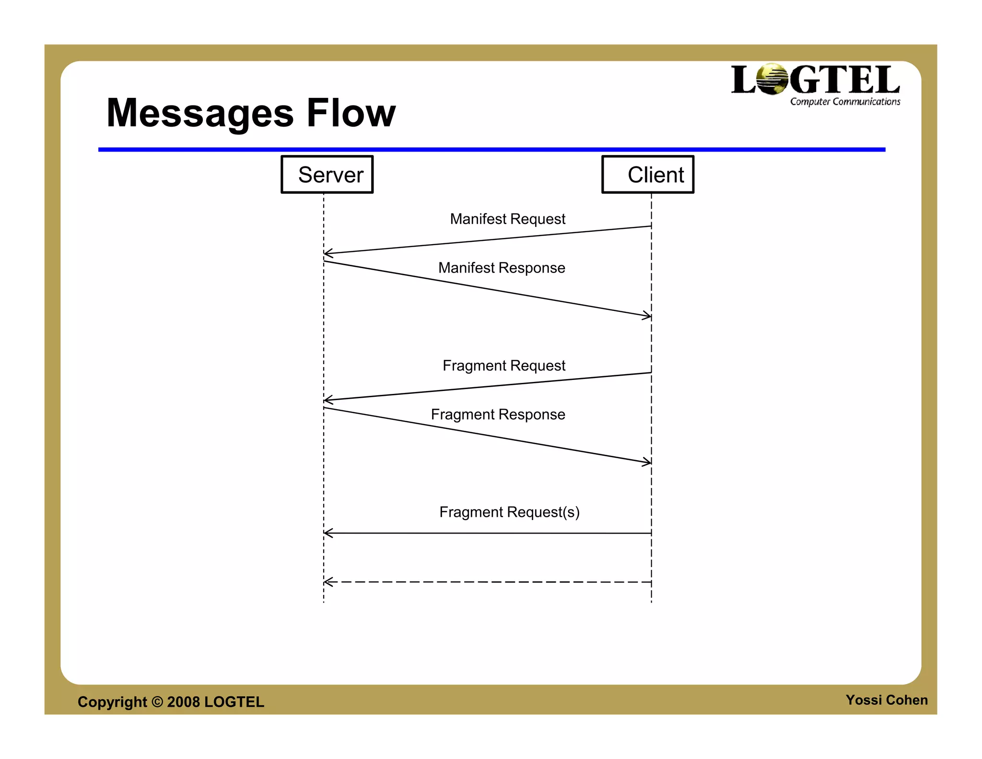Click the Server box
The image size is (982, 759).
point(327,175)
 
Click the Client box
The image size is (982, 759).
point(648,175)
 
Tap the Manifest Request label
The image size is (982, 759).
point(507,219)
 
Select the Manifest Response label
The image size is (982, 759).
point(502,268)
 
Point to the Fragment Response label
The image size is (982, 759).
point(498,415)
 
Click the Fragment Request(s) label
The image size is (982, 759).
point(509,512)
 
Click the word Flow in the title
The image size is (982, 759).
point(351,113)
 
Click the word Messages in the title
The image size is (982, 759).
point(200,114)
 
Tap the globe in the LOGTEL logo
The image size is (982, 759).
point(772,79)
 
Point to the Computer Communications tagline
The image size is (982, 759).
point(845,102)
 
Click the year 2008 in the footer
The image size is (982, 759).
point(183,702)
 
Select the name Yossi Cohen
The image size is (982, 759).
point(887,700)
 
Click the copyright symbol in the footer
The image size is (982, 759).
point(157,702)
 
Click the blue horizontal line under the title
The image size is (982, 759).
point(491,150)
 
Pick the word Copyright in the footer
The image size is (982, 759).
point(112,702)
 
